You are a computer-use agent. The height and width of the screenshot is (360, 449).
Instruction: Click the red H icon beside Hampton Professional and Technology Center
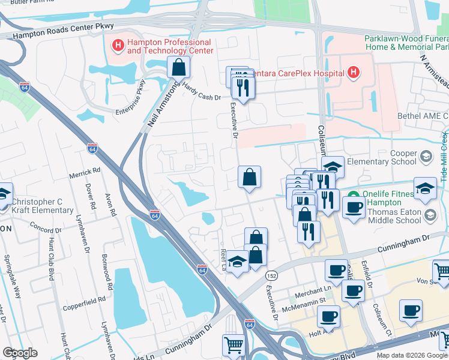tap(118, 44)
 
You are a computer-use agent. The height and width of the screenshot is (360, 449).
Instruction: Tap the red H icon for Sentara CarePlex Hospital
tap(354, 73)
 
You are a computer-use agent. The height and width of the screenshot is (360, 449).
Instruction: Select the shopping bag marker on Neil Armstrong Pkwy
tap(178, 68)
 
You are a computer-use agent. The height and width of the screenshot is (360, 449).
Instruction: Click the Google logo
tap(20, 353)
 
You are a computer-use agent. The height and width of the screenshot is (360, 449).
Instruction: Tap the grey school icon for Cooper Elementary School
tap(426, 157)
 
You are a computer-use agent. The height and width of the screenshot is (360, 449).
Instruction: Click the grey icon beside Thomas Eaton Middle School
tap(430, 215)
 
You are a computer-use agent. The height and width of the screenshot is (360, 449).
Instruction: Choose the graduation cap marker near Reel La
tap(238, 262)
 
